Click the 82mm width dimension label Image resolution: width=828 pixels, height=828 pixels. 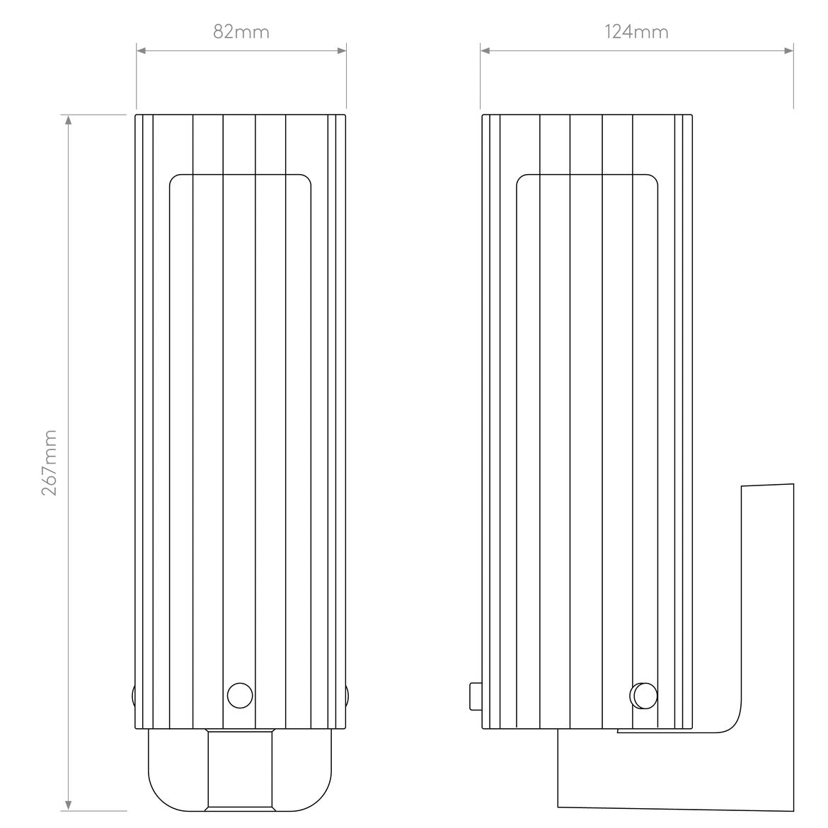241,32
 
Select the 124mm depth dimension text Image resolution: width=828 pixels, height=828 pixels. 636,32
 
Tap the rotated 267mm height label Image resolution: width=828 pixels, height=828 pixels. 49,461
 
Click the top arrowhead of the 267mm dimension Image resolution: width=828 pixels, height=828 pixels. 69,120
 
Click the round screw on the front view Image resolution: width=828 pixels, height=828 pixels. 239,695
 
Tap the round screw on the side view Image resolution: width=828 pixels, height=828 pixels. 643,695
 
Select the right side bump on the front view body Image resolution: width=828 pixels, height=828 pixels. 348,695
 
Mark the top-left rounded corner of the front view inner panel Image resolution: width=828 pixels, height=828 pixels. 174,179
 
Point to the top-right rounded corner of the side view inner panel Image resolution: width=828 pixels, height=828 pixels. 652,179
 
